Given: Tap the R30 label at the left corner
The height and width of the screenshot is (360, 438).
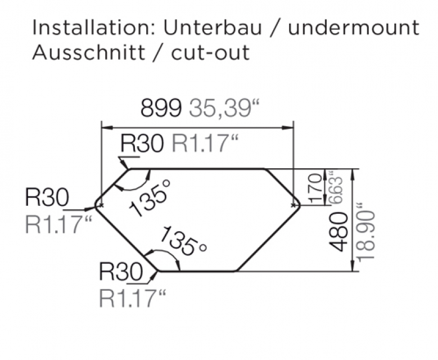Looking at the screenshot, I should (47, 197).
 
